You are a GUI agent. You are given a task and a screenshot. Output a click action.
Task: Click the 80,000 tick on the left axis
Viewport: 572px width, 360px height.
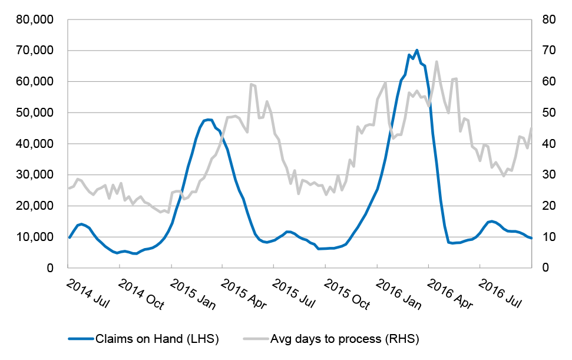coord(34,19)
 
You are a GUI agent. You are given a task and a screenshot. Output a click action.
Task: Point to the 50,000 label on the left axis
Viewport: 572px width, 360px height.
coord(34,113)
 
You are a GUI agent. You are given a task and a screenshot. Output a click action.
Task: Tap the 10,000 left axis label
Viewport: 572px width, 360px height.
coord(34,237)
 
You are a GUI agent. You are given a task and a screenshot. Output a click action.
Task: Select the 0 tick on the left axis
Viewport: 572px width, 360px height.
coord(49,268)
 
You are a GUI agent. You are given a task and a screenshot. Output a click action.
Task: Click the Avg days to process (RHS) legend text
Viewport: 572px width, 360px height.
coord(345,338)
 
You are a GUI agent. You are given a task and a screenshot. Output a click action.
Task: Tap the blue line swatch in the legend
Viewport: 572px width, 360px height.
coord(82,339)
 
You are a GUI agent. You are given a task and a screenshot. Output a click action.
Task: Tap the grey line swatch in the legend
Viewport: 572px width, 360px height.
coord(255,339)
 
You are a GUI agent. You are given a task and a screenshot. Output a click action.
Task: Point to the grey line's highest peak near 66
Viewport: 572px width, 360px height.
coord(437,61)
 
